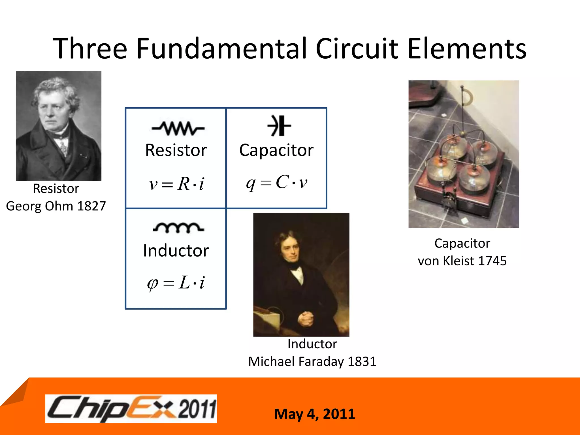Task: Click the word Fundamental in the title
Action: point(222,49)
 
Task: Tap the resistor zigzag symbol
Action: point(178,129)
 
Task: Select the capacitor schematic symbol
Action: point(279,126)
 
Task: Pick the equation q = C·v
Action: point(277,182)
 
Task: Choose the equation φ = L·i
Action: point(176,283)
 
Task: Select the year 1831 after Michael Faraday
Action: point(362,362)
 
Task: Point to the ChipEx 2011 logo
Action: point(131,408)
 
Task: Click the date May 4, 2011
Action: point(314,414)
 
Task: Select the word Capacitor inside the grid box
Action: point(276,150)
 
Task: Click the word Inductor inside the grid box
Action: point(176,251)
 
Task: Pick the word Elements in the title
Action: point(467,49)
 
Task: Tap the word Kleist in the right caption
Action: point(457,261)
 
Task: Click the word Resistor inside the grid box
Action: point(176,150)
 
